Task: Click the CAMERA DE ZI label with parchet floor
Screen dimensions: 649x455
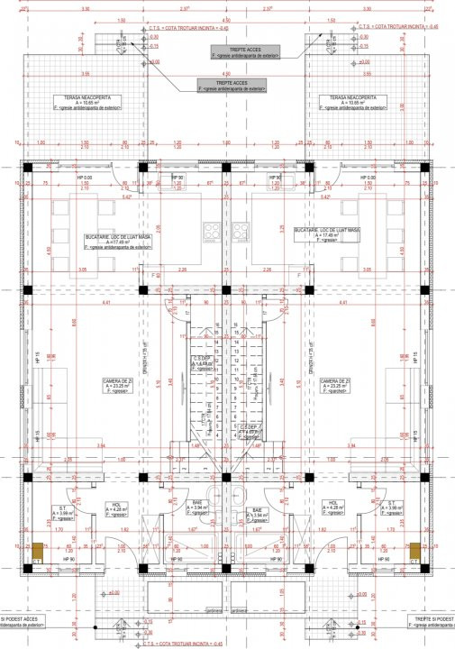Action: click(334, 385)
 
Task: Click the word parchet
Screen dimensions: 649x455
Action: click(340, 391)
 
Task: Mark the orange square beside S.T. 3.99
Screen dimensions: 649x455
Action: click(37, 548)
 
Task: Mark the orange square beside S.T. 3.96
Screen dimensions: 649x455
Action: click(416, 548)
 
